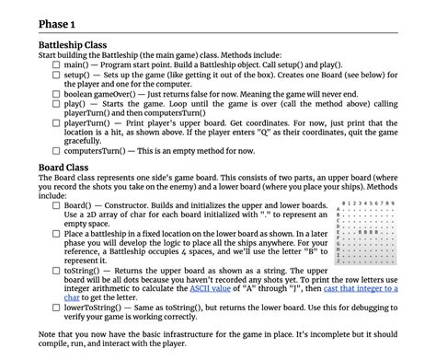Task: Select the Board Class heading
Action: coord(63,168)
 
